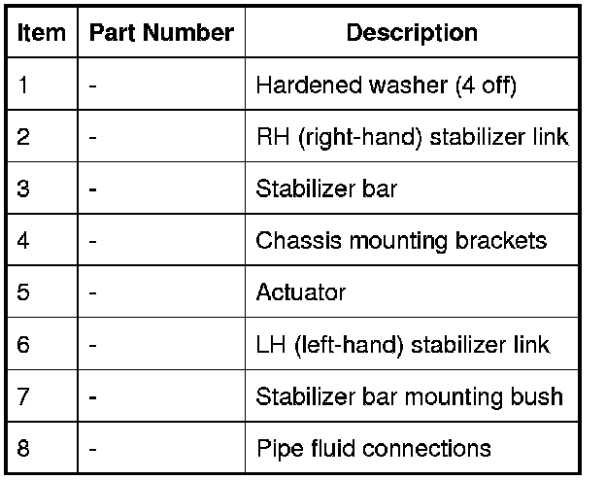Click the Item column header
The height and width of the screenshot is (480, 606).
(42, 32)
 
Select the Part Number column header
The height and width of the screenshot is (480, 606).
(161, 32)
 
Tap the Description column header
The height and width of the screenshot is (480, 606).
(412, 32)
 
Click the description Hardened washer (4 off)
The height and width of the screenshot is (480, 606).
(386, 85)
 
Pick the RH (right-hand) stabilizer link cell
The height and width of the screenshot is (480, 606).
(412, 137)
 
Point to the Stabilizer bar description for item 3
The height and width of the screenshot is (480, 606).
(326, 189)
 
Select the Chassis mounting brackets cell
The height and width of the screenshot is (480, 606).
(401, 240)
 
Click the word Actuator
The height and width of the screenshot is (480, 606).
(301, 292)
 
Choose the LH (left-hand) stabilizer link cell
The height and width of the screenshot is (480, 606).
(402, 344)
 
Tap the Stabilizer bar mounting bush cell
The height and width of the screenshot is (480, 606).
(409, 396)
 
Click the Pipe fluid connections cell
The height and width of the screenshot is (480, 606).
(373, 448)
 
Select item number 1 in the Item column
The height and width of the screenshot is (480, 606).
(23, 85)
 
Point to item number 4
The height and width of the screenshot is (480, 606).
(23, 240)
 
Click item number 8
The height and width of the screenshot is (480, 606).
(23, 448)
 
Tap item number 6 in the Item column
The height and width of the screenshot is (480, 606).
(23, 344)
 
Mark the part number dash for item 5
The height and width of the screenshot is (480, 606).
(92, 292)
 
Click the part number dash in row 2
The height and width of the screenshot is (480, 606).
(92, 137)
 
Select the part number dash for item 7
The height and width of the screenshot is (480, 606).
(92, 396)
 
